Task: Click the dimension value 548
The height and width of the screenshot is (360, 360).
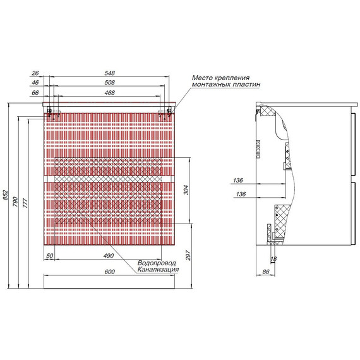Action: pyautogui.click(x=109, y=73)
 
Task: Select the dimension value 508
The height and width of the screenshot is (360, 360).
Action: pyautogui.click(x=109, y=83)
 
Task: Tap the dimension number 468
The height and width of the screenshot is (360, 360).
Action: pyautogui.click(x=109, y=93)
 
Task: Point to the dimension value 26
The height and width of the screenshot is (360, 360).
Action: pyautogui.click(x=35, y=73)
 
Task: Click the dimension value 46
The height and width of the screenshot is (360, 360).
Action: pyautogui.click(x=35, y=83)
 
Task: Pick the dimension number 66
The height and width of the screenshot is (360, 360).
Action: pyautogui.click(x=35, y=93)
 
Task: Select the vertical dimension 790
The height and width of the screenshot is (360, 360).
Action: pyautogui.click(x=15, y=201)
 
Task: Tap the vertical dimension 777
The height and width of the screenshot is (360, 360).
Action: pyautogui.click(x=25, y=203)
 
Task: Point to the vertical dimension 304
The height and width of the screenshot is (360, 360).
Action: pyautogui.click(x=186, y=190)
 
